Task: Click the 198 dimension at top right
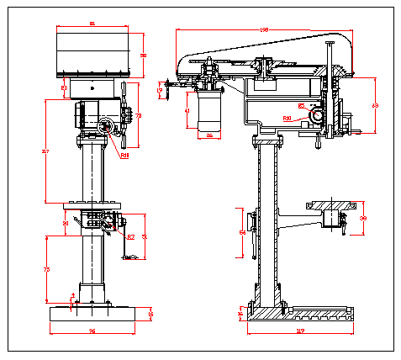click(x=264, y=29)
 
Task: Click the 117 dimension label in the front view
click(x=44, y=151)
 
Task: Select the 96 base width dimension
click(x=92, y=331)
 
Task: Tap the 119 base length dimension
click(x=299, y=331)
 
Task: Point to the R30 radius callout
click(x=287, y=119)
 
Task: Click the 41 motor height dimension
click(x=187, y=110)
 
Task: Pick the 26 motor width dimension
click(x=208, y=135)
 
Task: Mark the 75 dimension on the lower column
click(x=46, y=268)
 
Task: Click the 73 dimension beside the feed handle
click(x=139, y=115)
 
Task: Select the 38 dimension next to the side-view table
click(x=363, y=218)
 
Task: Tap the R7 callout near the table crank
click(x=130, y=238)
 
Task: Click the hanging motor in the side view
click(x=208, y=109)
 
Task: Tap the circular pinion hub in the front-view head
click(x=106, y=126)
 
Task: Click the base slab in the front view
click(x=92, y=314)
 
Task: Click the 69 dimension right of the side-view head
click(x=375, y=106)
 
